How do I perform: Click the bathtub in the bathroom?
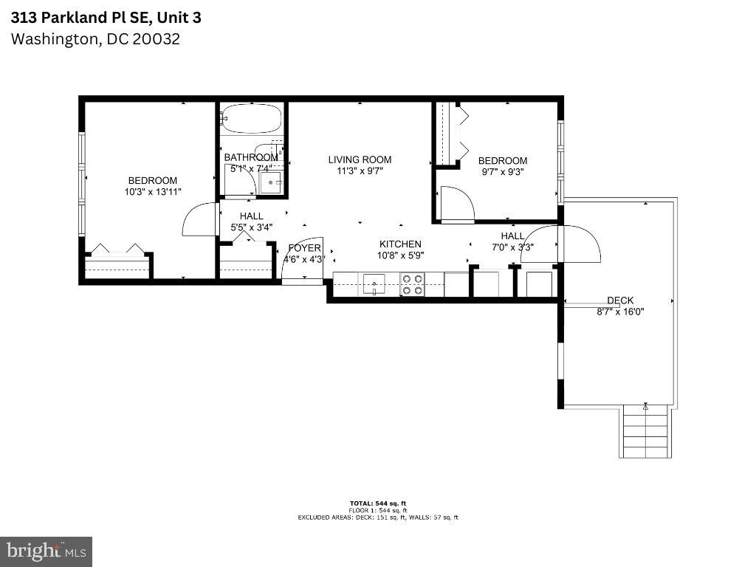click(x=252, y=118)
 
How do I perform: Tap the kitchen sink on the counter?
click(x=374, y=283)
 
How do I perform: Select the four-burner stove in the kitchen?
click(x=413, y=284)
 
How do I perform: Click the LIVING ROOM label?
click(x=360, y=159)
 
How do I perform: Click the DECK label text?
click(x=620, y=300)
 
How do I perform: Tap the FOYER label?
click(x=304, y=248)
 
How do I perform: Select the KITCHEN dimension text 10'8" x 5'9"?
click(x=400, y=255)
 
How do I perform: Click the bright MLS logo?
click(x=46, y=551)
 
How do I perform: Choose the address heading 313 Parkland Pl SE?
click(x=106, y=17)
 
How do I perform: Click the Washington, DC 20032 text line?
click(x=95, y=38)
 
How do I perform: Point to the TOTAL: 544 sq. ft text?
click(x=378, y=504)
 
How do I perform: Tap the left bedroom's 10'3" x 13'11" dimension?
click(x=153, y=192)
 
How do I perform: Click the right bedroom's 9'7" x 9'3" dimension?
click(x=503, y=172)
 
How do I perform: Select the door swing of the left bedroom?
click(x=199, y=220)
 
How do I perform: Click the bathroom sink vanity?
click(x=271, y=181)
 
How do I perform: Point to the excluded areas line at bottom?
click(x=378, y=518)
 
